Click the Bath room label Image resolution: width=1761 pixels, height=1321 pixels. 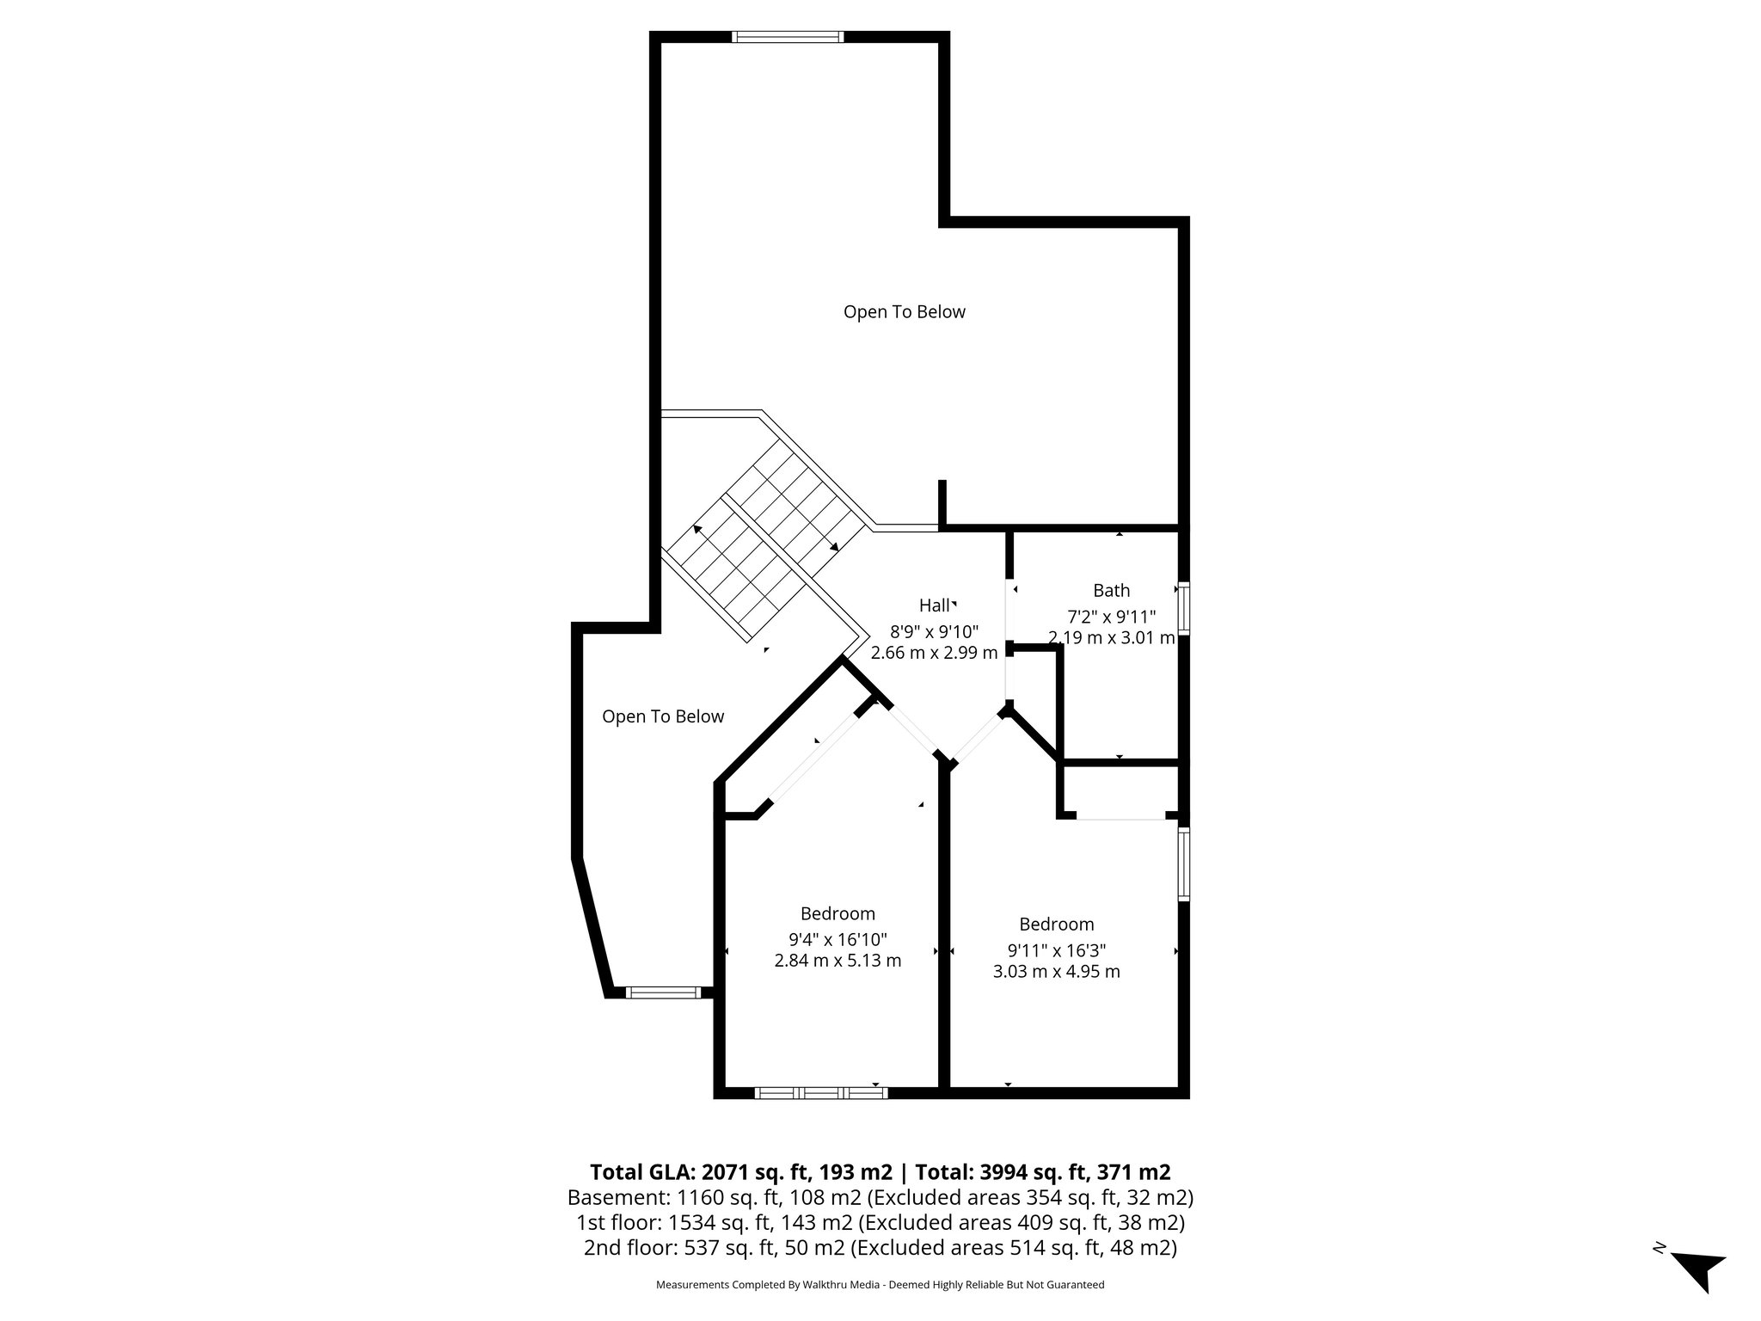(1111, 591)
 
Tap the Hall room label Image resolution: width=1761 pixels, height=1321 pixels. (934, 605)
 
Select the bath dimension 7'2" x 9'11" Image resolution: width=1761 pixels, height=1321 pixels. (1111, 617)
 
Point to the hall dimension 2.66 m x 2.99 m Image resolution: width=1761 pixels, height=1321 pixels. (934, 653)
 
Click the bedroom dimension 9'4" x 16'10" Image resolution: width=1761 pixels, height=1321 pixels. (838, 939)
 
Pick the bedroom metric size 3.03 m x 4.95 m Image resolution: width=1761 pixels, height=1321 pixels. (1056, 972)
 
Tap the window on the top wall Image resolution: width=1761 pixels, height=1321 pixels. (788, 37)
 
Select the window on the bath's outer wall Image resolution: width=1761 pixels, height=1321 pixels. (1184, 609)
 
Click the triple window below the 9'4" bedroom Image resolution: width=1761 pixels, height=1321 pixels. (820, 1093)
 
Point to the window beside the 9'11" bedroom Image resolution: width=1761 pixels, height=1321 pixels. (1184, 863)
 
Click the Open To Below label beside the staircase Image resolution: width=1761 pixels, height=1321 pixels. (663, 716)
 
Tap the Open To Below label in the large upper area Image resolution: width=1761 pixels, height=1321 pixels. (904, 312)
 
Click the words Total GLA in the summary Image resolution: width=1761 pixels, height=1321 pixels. (641, 1172)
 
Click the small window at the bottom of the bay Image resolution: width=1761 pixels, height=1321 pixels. (663, 992)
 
